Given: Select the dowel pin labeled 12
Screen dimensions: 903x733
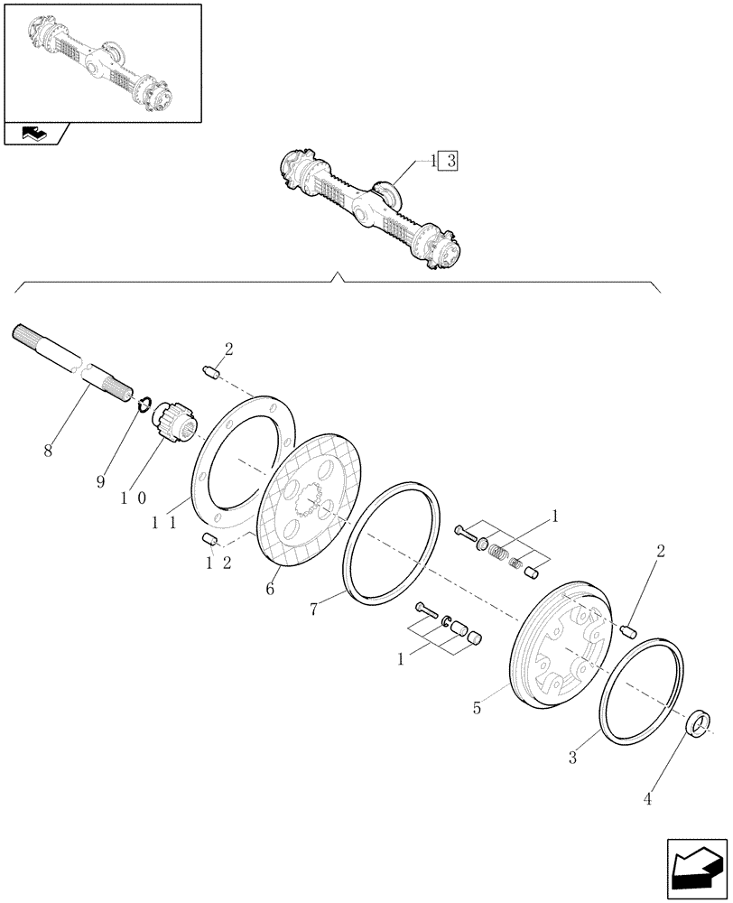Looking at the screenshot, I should (x=209, y=540).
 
